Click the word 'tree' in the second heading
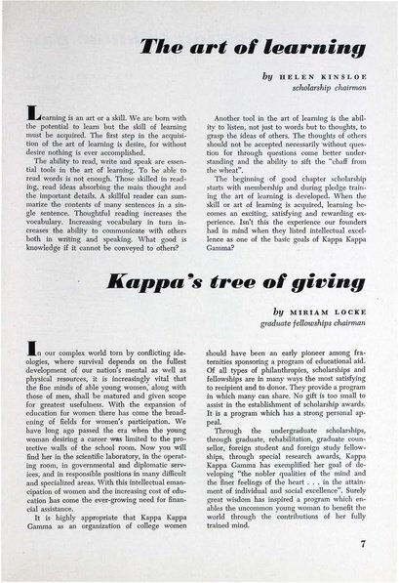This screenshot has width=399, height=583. tap(247, 288)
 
